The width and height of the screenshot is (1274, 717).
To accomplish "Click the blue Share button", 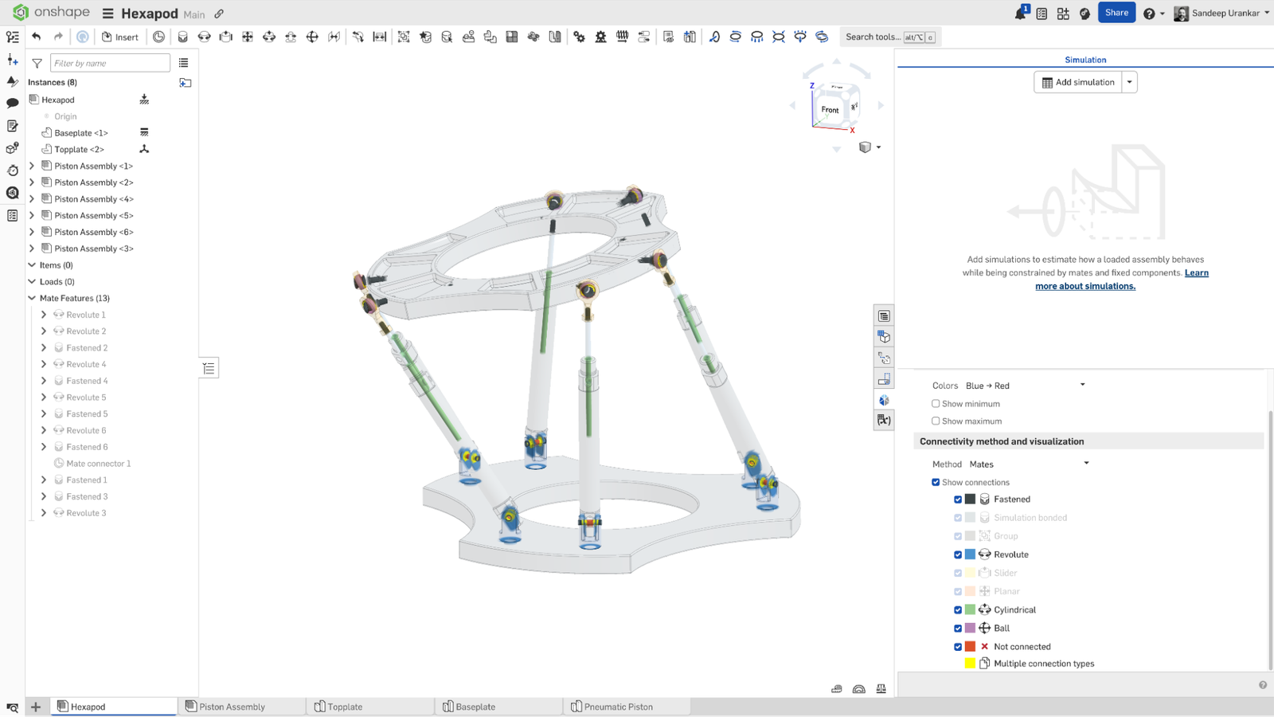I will [x=1116, y=13].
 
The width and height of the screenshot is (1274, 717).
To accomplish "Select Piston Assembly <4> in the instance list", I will [x=93, y=199].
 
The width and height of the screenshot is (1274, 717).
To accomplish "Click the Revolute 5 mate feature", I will [x=86, y=398].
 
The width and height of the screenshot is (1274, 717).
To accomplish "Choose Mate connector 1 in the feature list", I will [x=98, y=464].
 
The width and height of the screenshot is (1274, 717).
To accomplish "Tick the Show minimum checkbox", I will [x=936, y=404].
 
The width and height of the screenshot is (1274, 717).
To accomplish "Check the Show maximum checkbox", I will [x=936, y=421].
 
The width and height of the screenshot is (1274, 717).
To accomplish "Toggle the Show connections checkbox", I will [x=936, y=482].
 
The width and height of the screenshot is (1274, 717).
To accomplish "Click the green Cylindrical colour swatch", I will [x=970, y=609].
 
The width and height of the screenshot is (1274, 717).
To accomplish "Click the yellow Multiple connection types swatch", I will [x=970, y=664].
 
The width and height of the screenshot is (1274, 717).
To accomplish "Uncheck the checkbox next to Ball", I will [x=958, y=629].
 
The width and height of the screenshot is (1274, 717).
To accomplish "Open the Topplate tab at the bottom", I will [x=344, y=707].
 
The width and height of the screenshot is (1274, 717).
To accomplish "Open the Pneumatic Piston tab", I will [x=618, y=707].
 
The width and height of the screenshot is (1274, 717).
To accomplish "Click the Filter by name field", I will [x=109, y=63].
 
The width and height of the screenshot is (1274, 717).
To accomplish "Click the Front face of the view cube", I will [x=830, y=110].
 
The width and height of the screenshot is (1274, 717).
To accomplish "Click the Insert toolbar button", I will [x=119, y=37].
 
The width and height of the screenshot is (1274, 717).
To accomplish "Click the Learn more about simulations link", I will [x=1084, y=286].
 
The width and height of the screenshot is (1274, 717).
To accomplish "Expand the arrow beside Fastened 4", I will [x=44, y=381].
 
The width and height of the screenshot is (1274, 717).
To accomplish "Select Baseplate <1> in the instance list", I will [x=80, y=133].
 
